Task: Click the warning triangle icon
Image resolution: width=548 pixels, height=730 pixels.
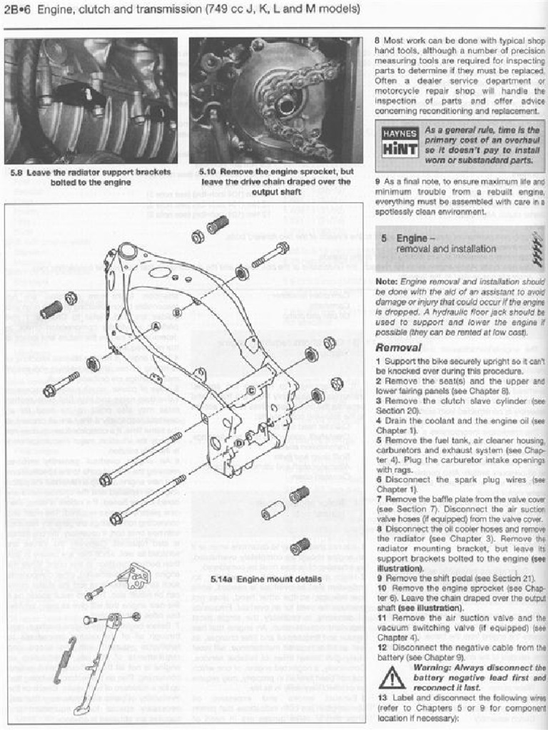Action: tap(392, 677)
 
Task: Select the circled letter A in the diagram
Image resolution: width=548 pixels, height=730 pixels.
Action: tap(155, 326)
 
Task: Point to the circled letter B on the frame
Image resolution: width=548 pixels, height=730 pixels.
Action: tap(177, 311)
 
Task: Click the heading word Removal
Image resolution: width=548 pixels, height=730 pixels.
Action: tap(397, 348)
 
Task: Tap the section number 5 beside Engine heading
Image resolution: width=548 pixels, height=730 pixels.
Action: tap(384, 238)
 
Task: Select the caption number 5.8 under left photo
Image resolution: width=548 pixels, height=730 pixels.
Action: tap(20, 173)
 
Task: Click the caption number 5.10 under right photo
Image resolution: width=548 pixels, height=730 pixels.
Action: tap(208, 173)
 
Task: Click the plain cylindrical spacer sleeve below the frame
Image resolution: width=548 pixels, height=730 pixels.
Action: tap(273, 510)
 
